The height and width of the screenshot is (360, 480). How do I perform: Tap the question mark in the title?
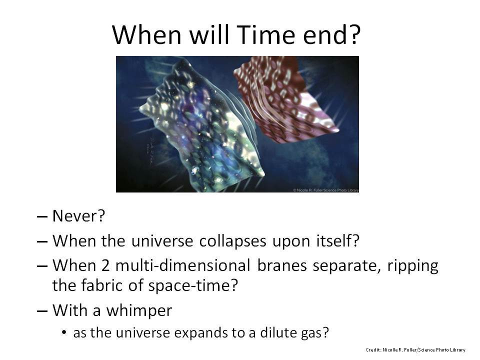point(355,34)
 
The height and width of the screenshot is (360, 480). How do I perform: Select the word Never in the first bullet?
point(75,216)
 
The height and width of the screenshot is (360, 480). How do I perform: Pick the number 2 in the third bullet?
point(105,265)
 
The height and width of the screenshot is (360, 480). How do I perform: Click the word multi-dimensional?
point(183,265)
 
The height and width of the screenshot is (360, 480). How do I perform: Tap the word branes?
point(282,265)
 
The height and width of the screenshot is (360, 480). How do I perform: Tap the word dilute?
point(277,332)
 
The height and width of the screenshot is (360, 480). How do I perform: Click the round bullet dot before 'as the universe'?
point(64,332)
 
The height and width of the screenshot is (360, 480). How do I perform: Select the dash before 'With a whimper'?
point(42,311)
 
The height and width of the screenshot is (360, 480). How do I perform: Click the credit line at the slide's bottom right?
point(415,349)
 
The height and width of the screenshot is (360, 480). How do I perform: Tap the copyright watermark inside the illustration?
point(325,190)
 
